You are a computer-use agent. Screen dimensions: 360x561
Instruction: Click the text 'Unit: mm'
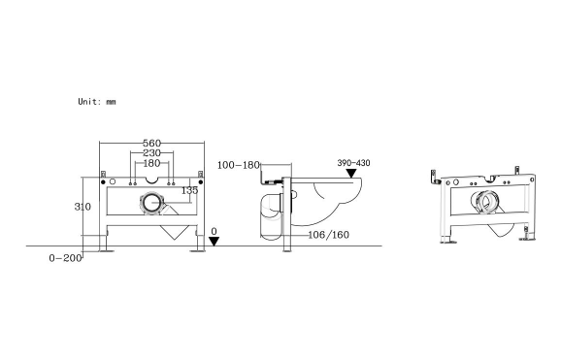tap(97, 101)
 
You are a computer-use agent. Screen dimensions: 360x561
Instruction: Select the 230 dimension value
tap(150, 153)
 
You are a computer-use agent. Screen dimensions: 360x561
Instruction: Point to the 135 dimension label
tap(190, 190)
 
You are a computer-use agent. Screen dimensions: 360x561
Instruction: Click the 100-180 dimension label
tap(238, 165)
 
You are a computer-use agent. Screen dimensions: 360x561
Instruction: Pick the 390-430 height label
tap(353, 163)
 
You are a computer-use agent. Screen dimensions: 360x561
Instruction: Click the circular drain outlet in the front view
tap(153, 204)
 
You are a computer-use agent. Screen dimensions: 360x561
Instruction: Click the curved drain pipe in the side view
tap(269, 215)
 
